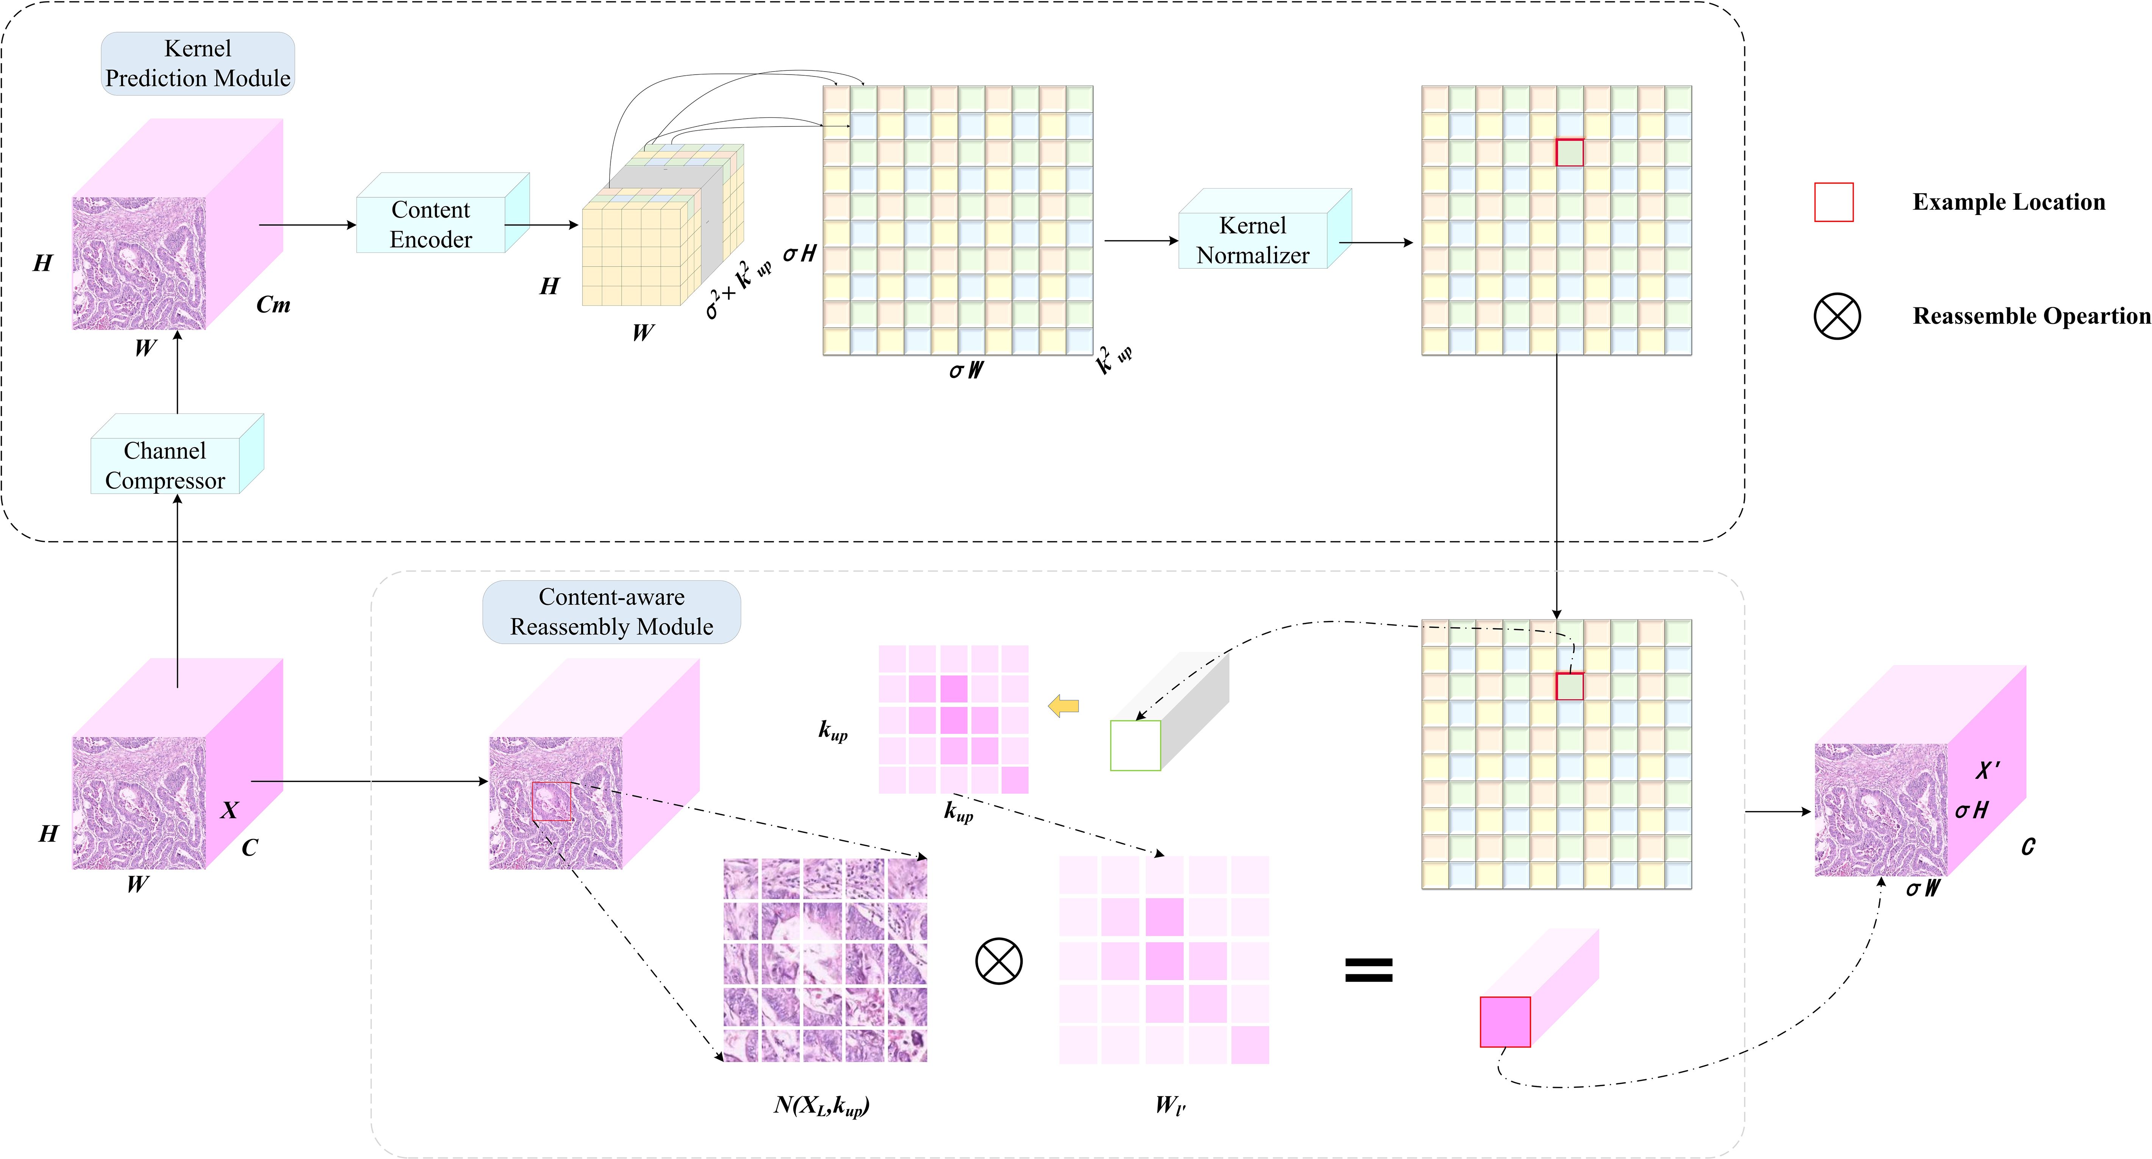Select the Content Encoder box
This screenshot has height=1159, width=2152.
[431, 224]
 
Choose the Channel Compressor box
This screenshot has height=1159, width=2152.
[165, 465]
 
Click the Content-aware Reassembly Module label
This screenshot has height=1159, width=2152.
[611, 611]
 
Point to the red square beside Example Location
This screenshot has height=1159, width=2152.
[1834, 202]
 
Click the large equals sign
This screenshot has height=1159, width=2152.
[1368, 969]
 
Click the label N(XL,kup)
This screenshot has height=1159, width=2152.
[821, 1106]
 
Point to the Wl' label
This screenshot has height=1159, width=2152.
[1170, 1106]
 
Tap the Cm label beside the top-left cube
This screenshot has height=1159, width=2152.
[273, 305]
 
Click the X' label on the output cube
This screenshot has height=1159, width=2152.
[1988, 770]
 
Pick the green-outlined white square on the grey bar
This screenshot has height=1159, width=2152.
[1135, 746]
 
